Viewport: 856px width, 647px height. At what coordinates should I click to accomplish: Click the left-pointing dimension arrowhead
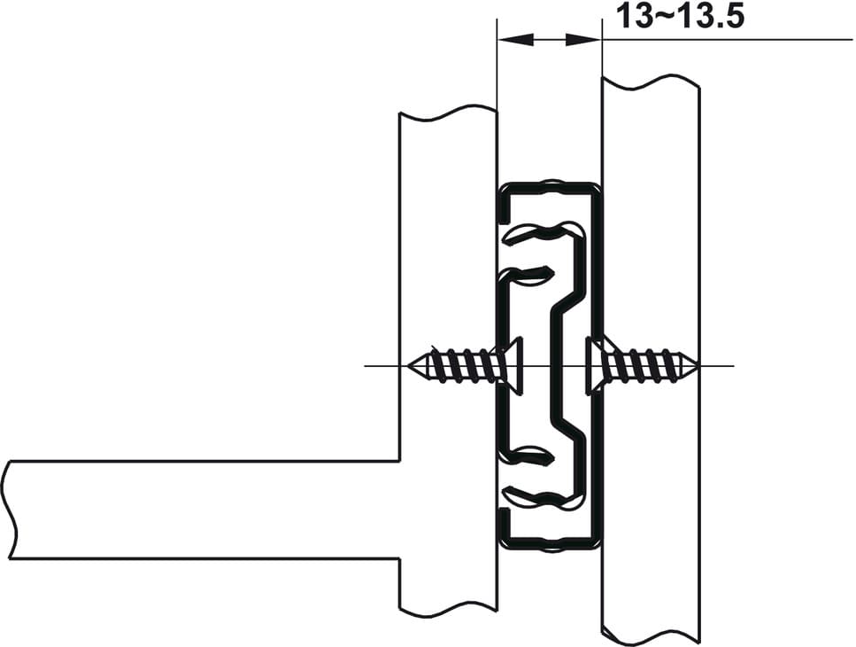click(515, 39)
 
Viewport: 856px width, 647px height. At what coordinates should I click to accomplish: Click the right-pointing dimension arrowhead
click(582, 39)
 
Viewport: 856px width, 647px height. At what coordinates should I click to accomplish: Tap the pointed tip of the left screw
click(409, 365)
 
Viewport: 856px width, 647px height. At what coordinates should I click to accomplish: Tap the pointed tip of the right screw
click(698, 365)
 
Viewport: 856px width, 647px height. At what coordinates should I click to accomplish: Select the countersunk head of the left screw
click(512, 365)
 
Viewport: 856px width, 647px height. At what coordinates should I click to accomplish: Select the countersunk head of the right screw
click(595, 365)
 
